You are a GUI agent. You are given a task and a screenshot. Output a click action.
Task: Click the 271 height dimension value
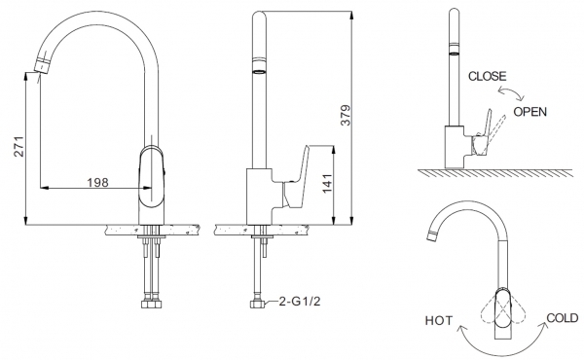point(19,146)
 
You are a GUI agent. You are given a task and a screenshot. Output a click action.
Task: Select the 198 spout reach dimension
point(97,182)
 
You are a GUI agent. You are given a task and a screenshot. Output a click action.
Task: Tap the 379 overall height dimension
point(346,115)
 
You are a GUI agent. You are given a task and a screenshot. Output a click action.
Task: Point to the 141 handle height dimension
point(327,183)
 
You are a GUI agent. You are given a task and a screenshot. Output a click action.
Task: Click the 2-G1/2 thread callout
point(300,302)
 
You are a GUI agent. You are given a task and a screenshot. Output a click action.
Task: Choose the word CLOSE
point(488,76)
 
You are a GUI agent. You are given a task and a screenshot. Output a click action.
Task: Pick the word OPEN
point(530,112)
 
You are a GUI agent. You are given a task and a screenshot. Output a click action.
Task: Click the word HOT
point(439,320)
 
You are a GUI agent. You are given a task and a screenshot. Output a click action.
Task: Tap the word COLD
point(563,318)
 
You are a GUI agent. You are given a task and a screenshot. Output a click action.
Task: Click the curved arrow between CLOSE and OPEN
point(511,92)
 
